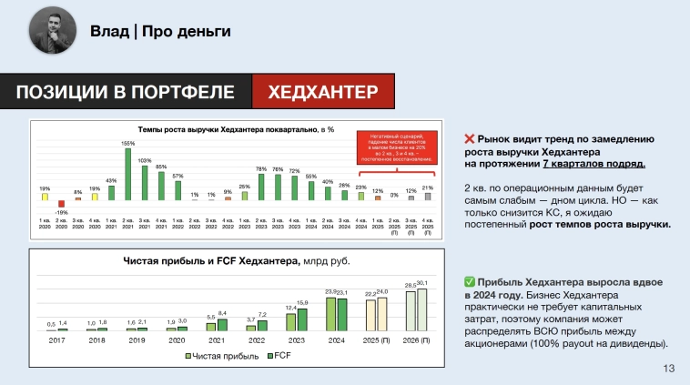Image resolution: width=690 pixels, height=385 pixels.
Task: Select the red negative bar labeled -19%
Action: tap(61, 204)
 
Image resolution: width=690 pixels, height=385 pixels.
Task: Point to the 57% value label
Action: tap(178, 176)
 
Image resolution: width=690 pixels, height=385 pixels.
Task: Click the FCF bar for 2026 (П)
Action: tap(421, 309)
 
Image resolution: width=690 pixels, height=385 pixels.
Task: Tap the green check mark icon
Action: tap(470, 282)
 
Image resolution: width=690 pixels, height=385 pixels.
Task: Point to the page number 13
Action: tap(669, 368)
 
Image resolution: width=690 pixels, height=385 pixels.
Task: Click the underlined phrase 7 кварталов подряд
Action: tap(595, 164)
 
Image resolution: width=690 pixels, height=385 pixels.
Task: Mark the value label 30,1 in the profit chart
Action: tap(421, 283)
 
